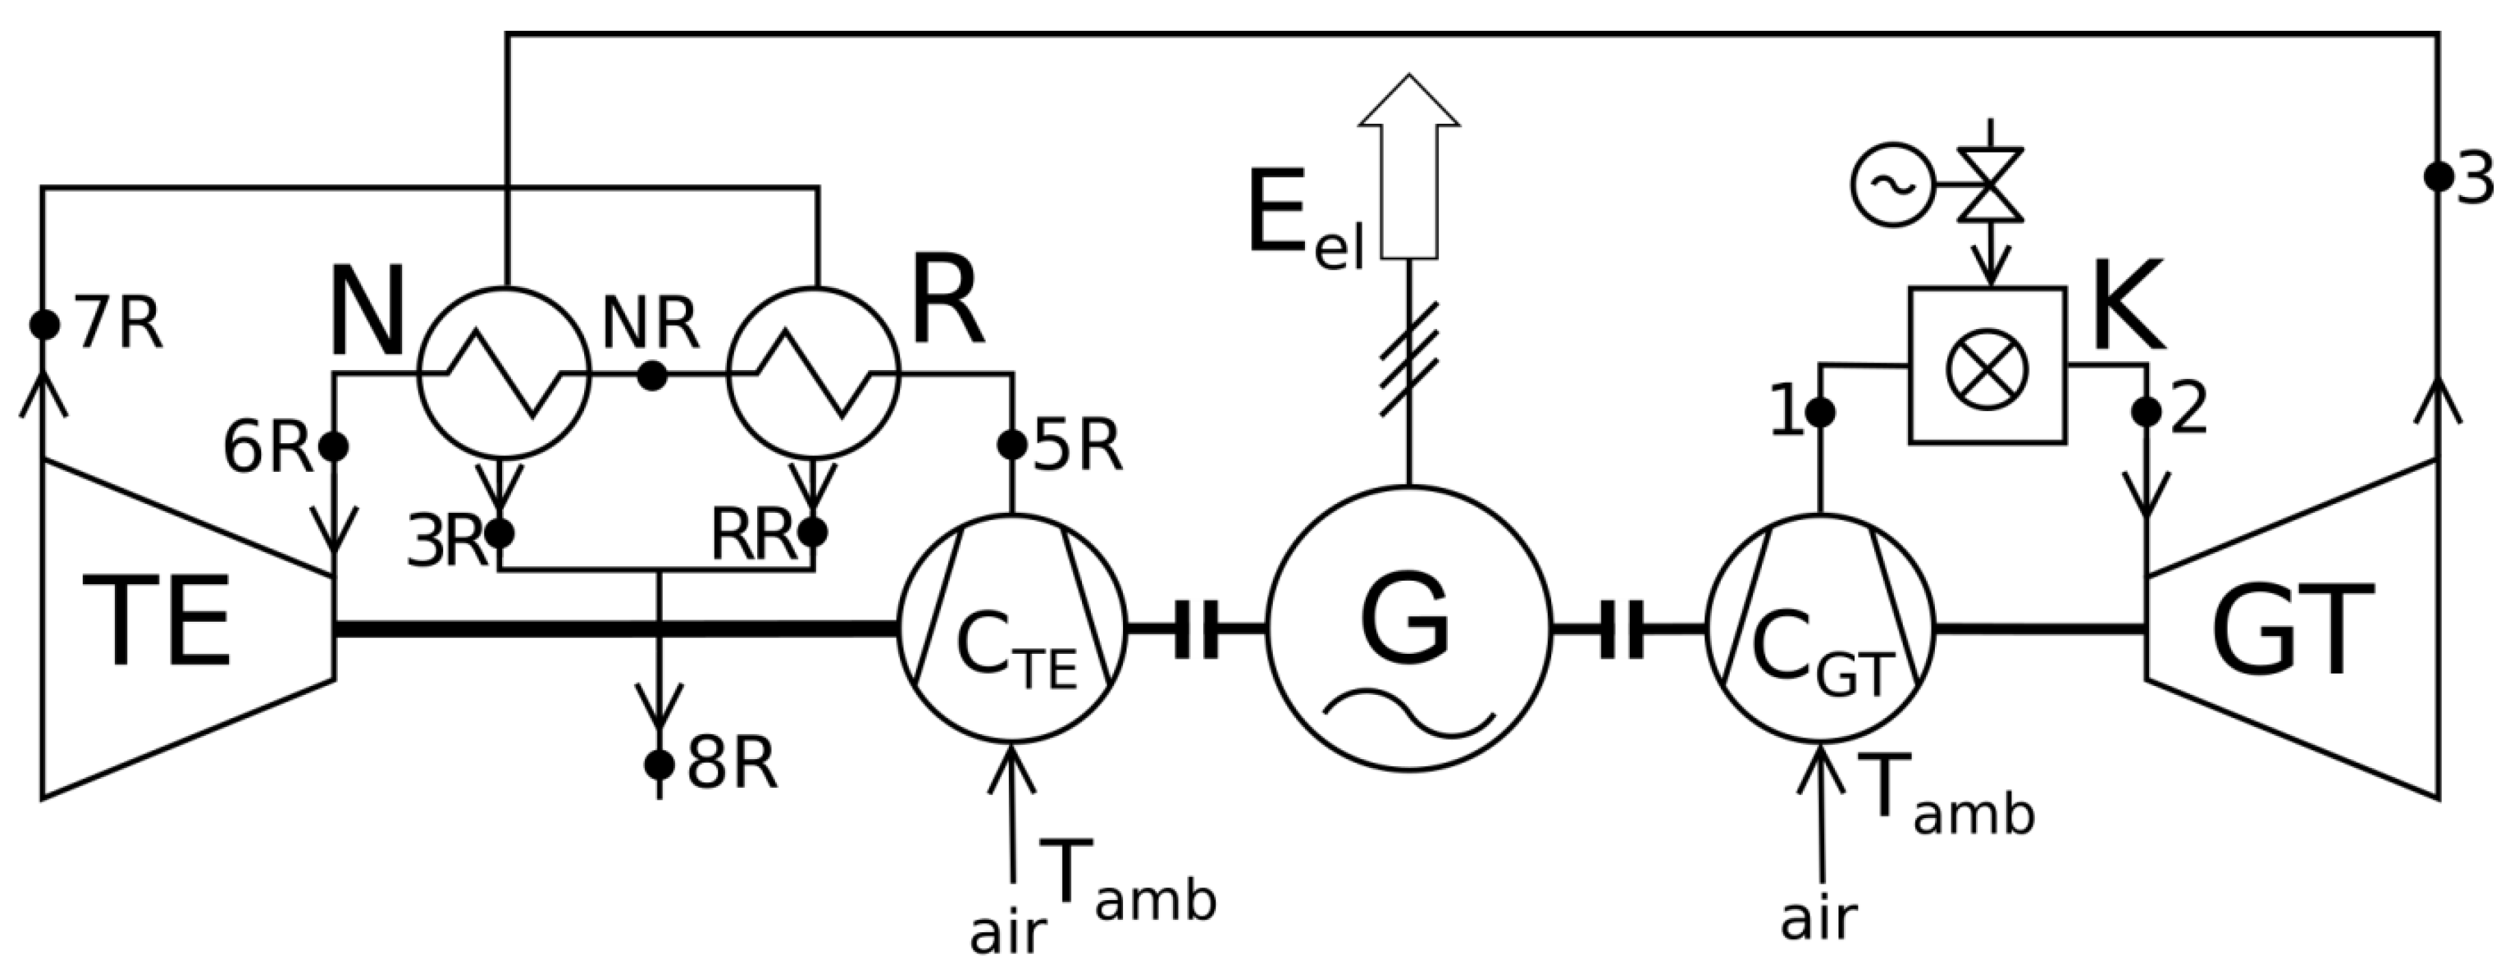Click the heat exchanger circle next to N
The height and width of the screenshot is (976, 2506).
(x=504, y=373)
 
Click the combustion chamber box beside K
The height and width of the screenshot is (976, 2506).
(x=1988, y=366)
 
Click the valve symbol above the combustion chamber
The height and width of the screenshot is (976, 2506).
(x=1990, y=185)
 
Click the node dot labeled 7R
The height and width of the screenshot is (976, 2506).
(x=44, y=325)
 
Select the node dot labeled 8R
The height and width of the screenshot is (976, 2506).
(x=659, y=765)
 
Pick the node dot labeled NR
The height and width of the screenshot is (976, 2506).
(x=652, y=375)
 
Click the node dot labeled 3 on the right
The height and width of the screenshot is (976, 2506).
(x=2438, y=177)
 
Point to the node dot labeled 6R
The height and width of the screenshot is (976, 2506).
(x=334, y=447)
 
